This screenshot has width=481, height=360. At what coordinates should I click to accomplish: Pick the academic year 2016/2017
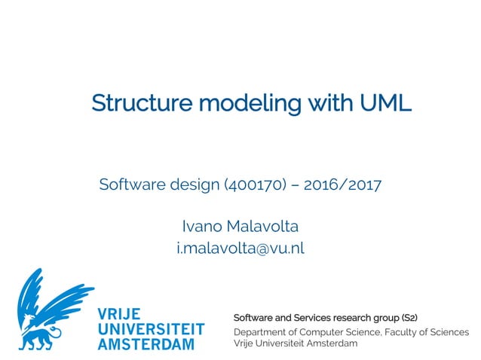click(344, 185)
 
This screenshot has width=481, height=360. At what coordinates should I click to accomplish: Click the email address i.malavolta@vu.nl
click(240, 248)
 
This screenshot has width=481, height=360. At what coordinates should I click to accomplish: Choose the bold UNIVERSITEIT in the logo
click(151, 329)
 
